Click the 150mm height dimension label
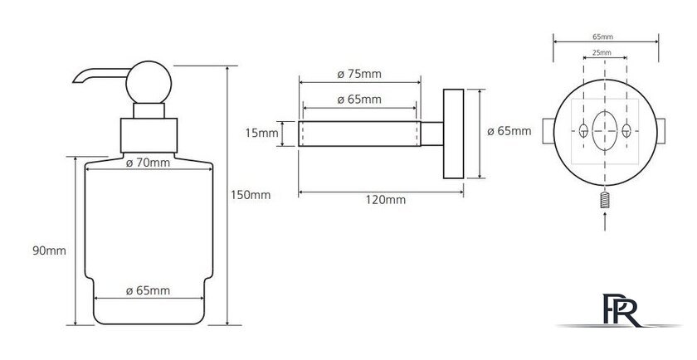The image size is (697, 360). point(251,195)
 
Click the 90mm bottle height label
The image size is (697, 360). point(49,251)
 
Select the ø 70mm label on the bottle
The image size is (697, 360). point(148,163)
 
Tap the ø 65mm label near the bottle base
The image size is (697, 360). point(148,290)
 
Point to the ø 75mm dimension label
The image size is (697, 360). point(359,74)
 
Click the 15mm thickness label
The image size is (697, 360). point(262,133)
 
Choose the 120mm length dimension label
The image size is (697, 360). point(386,200)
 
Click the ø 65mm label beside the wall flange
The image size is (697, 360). point(509,132)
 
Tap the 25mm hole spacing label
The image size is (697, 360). point(602,53)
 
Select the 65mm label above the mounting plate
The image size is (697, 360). point(602,36)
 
